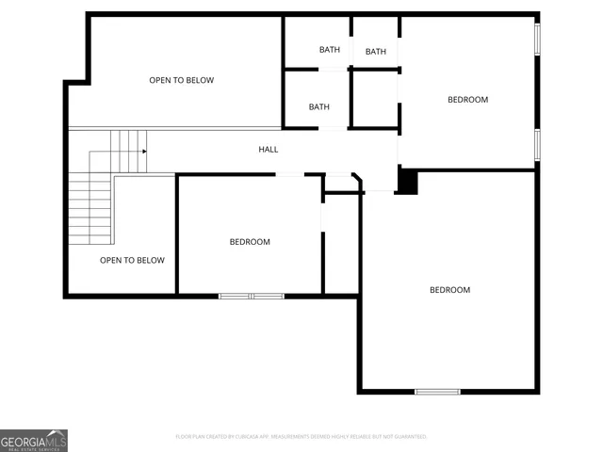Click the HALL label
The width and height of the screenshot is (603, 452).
pos(269,149)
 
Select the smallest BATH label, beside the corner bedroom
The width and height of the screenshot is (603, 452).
pos(376,52)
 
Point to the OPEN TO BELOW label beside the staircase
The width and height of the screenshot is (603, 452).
pos(132,260)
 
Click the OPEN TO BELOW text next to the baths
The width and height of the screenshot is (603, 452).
pos(181,80)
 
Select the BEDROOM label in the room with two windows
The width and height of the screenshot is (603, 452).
pos(467,100)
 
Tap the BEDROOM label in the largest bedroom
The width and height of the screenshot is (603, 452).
pos(449,290)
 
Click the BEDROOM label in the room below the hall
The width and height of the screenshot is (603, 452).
pos(250,242)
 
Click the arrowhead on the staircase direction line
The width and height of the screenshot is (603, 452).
pos(144,151)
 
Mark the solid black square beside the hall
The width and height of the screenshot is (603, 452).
pos(407,181)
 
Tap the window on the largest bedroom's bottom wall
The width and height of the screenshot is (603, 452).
pos(438,391)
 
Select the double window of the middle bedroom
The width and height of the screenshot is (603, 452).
pos(252,296)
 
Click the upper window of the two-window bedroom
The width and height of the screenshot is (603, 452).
pos(538,39)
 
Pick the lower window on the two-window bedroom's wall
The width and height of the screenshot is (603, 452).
pos(538,144)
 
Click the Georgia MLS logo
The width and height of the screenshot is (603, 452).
pos(34,440)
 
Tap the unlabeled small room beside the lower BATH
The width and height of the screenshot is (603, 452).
pos(375,98)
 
